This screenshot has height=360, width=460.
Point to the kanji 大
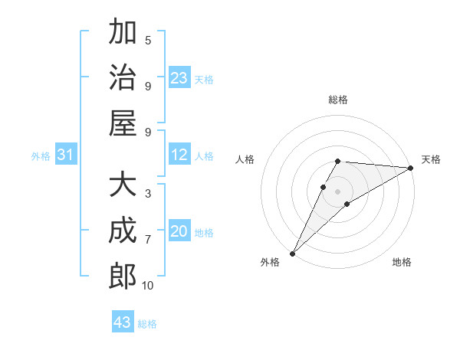[x=123, y=185]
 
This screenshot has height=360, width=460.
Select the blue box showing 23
[x=179, y=77]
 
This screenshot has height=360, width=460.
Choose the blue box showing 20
[x=179, y=231]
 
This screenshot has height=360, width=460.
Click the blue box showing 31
[x=66, y=155]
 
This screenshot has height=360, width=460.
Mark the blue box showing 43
[x=123, y=322]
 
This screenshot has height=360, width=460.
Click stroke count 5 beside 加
[x=148, y=40]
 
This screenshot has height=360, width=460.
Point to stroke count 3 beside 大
[x=148, y=194]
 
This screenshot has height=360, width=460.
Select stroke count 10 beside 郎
[x=147, y=285]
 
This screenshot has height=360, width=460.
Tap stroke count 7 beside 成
[x=148, y=239]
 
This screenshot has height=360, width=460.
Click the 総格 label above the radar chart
[x=338, y=100]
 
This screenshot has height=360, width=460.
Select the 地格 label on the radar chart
[x=402, y=263]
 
